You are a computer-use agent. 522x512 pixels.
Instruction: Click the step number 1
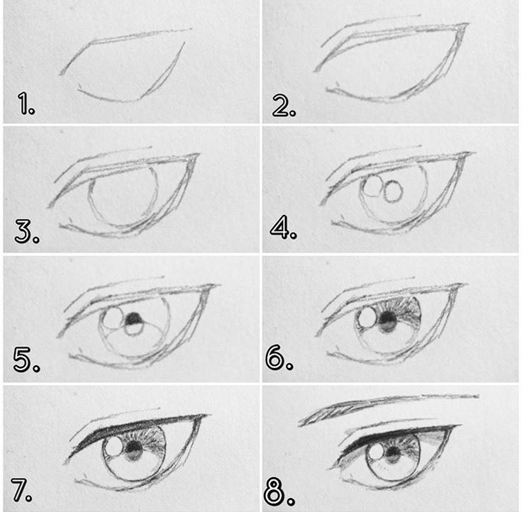pyautogui.click(x=26, y=104)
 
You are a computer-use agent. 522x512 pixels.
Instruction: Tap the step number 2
pyautogui.click(x=284, y=105)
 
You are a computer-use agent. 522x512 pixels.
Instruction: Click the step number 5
pyautogui.click(x=27, y=360)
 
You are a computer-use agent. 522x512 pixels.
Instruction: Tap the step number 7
pyautogui.click(x=22, y=490)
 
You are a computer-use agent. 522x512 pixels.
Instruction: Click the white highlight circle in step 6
pyautogui.click(x=367, y=317)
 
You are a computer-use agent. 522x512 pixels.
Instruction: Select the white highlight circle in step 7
pyautogui.click(x=114, y=446)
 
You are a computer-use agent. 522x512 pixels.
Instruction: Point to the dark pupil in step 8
pyautogui.click(x=394, y=452)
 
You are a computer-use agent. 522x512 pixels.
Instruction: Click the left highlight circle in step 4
pyautogui.click(x=373, y=185)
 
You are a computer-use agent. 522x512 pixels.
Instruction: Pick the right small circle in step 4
pyautogui.click(x=393, y=191)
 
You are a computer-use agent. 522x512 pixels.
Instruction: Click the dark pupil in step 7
pyautogui.click(x=135, y=447)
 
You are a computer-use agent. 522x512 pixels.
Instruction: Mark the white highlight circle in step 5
pyautogui.click(x=113, y=318)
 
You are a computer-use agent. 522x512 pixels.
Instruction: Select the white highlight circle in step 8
pyautogui.click(x=377, y=452)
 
